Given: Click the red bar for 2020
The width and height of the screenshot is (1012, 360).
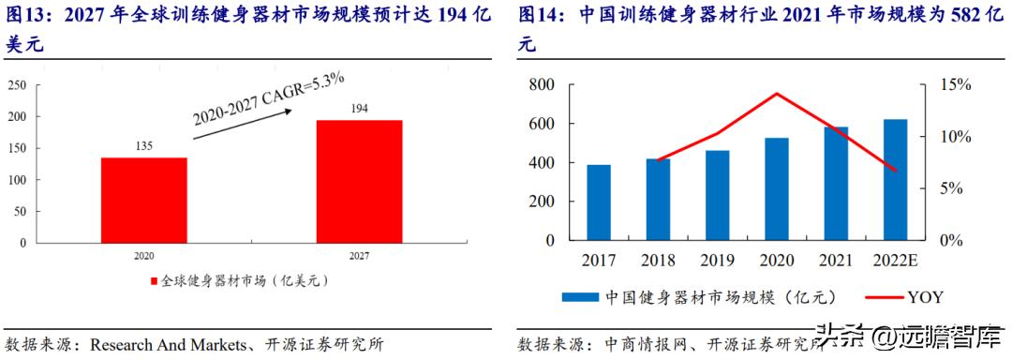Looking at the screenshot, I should coord(143,199).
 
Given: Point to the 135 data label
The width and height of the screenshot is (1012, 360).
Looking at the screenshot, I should coord(143,146).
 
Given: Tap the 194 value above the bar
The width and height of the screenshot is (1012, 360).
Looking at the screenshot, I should coord(359,109).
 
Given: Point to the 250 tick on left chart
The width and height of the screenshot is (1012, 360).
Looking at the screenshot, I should coord(16,85).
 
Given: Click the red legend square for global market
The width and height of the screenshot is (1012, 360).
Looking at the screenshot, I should coord(154,280).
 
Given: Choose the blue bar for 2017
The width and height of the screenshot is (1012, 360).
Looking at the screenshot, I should coord(599,202).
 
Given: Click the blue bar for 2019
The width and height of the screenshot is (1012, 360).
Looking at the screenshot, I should coord(717,195).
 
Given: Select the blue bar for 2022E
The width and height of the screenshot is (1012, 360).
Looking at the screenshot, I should coord(895,179).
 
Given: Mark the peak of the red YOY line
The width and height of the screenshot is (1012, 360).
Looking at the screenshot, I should coord(776,94).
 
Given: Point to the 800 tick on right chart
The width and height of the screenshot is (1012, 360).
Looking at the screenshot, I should coord(543,85).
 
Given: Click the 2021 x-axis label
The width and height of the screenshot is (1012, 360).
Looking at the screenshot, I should coord(835,260).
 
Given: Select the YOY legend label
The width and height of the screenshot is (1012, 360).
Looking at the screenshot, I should coord(924,297).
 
